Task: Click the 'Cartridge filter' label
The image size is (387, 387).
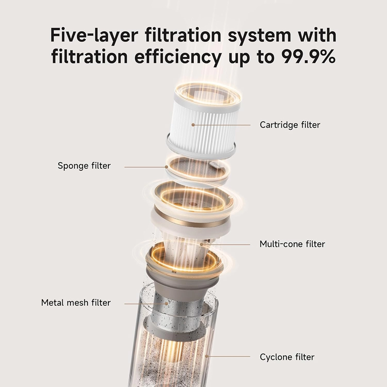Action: click(290, 125)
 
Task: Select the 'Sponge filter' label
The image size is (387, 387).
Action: click(84, 166)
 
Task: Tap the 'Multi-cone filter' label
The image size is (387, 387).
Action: click(292, 244)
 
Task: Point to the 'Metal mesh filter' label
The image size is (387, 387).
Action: click(76, 302)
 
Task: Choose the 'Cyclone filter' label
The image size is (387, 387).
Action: click(287, 357)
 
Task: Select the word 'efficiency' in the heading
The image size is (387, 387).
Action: click(178, 57)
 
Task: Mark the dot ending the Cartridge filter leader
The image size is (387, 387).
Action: click(193, 125)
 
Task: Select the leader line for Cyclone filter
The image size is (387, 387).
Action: click(228, 357)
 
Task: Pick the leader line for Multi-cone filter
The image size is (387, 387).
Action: click(226, 244)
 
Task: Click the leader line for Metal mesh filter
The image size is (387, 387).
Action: click(146, 304)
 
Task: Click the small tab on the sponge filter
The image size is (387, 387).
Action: click(215, 164)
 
